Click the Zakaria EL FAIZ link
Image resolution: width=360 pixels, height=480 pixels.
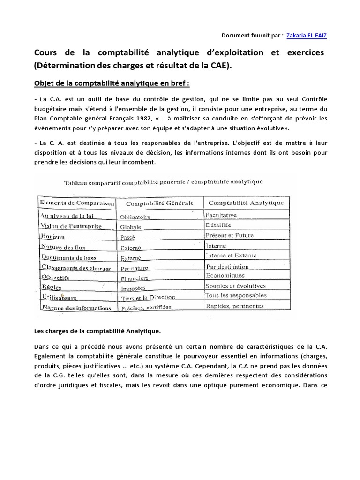307,35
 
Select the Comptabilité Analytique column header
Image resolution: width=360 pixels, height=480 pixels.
246,202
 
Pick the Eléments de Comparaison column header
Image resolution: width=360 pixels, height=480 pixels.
77,203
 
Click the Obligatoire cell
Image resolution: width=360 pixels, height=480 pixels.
135,217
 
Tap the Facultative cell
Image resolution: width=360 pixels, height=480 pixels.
221,215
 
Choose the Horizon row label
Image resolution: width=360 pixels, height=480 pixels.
52,236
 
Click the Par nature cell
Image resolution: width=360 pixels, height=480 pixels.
134,268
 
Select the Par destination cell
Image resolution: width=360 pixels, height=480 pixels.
227,266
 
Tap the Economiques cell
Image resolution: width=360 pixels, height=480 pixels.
225,275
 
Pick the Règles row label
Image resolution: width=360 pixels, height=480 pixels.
51,287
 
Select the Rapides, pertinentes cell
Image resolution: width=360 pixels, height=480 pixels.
234,306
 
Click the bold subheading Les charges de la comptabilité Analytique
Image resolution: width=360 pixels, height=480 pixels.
97,331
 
